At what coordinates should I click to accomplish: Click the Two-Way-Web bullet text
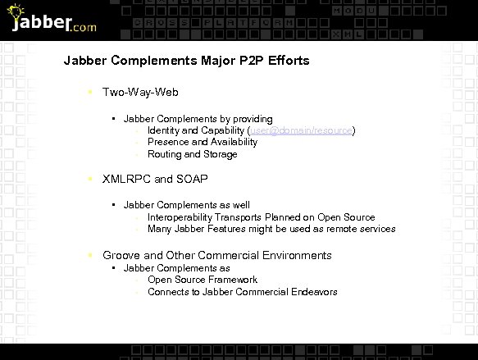click(x=140, y=94)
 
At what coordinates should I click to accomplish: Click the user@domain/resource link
click(x=301, y=130)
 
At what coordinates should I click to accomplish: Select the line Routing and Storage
click(x=193, y=154)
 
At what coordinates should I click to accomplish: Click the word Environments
click(x=296, y=255)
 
